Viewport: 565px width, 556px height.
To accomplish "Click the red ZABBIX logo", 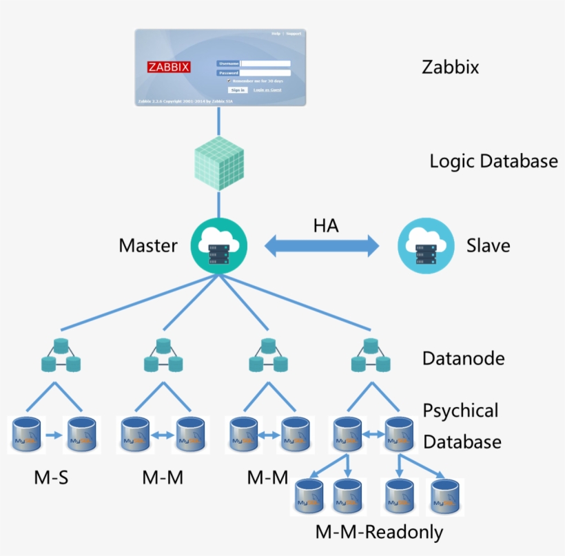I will tap(169, 67).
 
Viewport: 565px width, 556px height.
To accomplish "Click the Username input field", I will tap(265, 63).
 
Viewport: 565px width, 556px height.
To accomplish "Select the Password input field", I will tap(265, 72).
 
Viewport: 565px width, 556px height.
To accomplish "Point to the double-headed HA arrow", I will tap(322, 245).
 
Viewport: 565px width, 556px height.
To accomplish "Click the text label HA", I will tap(326, 225).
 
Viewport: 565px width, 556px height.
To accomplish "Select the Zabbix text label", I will tap(450, 68).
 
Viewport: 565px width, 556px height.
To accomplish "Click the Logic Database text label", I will tap(493, 161).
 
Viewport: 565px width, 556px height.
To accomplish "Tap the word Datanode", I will tap(463, 358).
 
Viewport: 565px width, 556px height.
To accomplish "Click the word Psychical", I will tap(460, 411).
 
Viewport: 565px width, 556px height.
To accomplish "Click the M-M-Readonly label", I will tap(379, 532).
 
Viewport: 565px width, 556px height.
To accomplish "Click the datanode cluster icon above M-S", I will tap(61, 356).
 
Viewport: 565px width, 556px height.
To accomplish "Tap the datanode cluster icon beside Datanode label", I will tap(369, 356).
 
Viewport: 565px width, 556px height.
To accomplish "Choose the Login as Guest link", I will tap(267, 90).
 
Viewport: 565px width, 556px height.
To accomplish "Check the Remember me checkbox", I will tap(229, 81).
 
